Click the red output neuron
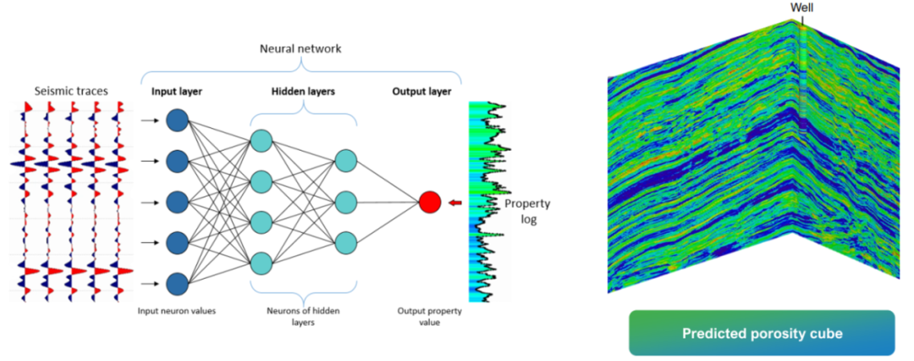pos(430,203)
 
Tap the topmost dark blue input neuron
pos(177,119)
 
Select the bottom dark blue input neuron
pos(177,283)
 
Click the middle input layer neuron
pos(177,202)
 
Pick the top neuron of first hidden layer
pos(262,141)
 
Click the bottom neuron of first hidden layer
pos(262,261)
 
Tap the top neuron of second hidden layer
pos(345,160)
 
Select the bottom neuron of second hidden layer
pos(345,242)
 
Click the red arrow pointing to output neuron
pos(454,203)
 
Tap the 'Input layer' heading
pos(179,91)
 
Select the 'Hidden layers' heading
pos(303,91)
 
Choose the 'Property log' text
pos(527,211)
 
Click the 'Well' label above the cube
pos(801,8)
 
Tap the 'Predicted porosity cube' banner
pos(762,333)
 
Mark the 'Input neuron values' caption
pos(177,311)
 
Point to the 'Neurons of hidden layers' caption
pos(304,316)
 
